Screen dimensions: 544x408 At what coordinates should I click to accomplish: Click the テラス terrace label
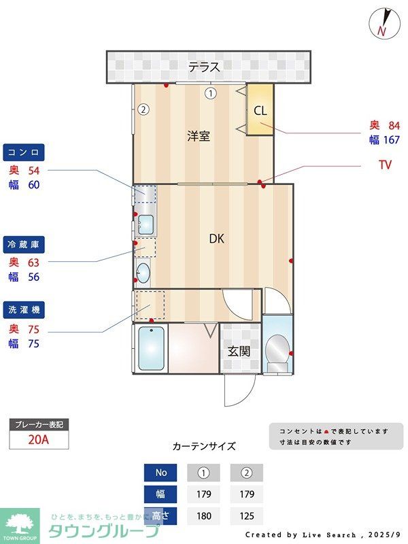[x=204, y=67]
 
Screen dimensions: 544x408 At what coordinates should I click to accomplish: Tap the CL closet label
[x=260, y=111]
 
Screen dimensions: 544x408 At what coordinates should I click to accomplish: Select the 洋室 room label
[x=199, y=136]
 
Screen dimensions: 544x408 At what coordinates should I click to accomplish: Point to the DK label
[x=216, y=239]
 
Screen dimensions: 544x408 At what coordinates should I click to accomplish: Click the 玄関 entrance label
[x=239, y=351]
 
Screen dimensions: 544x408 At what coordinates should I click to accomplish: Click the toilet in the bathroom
[x=277, y=352]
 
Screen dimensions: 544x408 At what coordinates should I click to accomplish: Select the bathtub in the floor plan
[x=152, y=349]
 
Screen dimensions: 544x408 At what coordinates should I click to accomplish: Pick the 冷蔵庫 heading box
[x=24, y=243]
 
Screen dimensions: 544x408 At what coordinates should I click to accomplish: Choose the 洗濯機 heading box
[x=24, y=310]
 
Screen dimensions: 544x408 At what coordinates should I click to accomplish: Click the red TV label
[x=385, y=165]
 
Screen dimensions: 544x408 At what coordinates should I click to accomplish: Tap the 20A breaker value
[x=39, y=439]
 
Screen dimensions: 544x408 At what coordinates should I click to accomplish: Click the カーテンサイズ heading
[x=204, y=447]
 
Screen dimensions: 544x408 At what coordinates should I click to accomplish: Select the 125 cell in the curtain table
[x=246, y=516]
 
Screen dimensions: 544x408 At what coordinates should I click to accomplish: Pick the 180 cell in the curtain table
[x=203, y=516]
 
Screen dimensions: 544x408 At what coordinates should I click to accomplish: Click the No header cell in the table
[x=160, y=473]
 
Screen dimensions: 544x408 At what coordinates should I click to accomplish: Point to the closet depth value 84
[x=394, y=125]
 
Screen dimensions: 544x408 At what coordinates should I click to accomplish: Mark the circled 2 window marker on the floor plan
[x=143, y=109]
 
